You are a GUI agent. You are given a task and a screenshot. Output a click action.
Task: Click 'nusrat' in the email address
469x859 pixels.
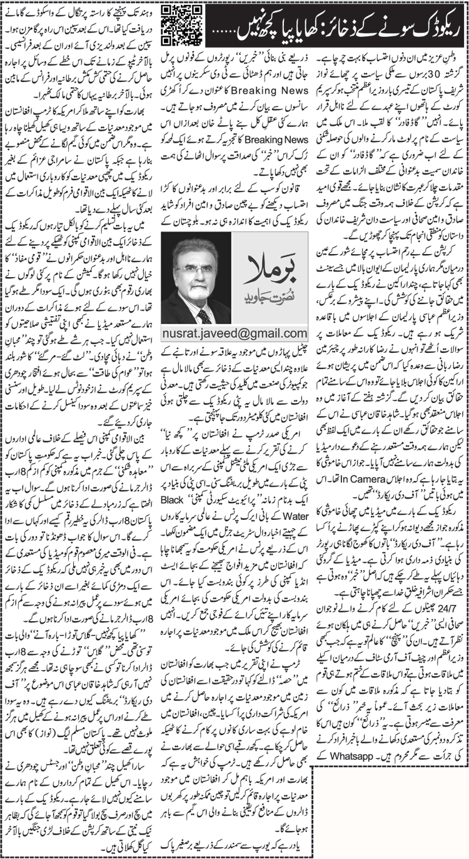(184, 333)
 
